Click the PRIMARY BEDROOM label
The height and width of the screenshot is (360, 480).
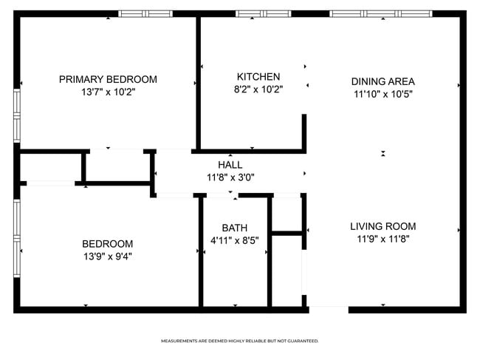[x=108, y=80]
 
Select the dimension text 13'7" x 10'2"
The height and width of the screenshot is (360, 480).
[x=108, y=93]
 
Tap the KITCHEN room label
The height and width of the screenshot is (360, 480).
[x=258, y=77]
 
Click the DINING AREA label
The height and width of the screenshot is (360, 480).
[x=383, y=82]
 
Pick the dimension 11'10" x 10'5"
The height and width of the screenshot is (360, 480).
[x=382, y=95]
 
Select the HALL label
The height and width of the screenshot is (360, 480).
[x=230, y=165]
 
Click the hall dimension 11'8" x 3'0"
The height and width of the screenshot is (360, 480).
[x=230, y=177]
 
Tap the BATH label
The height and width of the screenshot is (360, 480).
[x=235, y=228]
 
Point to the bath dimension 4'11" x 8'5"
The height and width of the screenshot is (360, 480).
[x=235, y=241]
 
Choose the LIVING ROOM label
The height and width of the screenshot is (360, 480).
[x=383, y=226]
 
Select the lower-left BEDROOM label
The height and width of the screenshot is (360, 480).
[x=107, y=244]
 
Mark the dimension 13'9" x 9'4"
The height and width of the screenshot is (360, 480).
[x=107, y=257]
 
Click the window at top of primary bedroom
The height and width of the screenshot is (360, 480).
[x=145, y=13]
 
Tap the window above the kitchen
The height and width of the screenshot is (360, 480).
[x=263, y=13]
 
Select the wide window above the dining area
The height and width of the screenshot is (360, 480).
[x=382, y=13]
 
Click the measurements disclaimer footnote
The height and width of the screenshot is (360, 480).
[x=240, y=341]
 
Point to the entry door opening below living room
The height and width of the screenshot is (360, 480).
[x=328, y=309]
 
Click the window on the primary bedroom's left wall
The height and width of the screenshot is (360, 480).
[x=16, y=115]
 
